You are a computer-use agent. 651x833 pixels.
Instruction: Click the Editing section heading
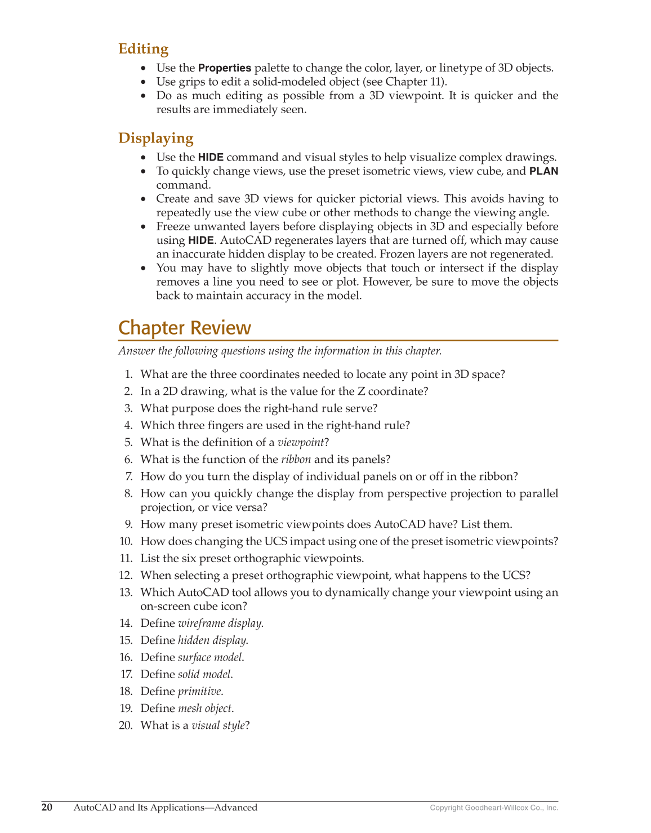(x=143, y=49)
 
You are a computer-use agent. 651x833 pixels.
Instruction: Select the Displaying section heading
(x=155, y=138)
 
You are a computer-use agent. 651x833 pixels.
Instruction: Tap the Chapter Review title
(x=184, y=328)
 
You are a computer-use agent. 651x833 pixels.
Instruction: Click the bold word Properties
(x=224, y=68)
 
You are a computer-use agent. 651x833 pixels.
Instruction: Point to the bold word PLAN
(x=543, y=171)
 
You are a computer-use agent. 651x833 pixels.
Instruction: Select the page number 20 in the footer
(x=47, y=808)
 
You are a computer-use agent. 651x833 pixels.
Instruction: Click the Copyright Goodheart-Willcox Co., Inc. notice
(x=494, y=808)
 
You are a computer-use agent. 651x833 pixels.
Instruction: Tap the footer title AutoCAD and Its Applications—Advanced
(x=165, y=808)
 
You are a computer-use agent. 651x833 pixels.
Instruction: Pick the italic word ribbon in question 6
(x=296, y=460)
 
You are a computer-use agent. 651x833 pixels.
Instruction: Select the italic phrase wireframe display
(x=220, y=623)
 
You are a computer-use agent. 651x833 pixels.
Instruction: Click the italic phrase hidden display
(x=212, y=640)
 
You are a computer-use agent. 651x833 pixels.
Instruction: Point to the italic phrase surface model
(x=209, y=657)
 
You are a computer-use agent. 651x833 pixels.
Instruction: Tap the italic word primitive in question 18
(x=199, y=691)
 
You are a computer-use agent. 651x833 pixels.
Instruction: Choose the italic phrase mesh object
(x=204, y=709)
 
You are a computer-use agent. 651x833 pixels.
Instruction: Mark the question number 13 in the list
(x=126, y=593)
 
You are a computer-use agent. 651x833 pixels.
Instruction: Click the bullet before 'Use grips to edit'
(x=144, y=82)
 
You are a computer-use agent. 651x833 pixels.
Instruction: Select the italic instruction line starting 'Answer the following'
(x=280, y=351)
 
